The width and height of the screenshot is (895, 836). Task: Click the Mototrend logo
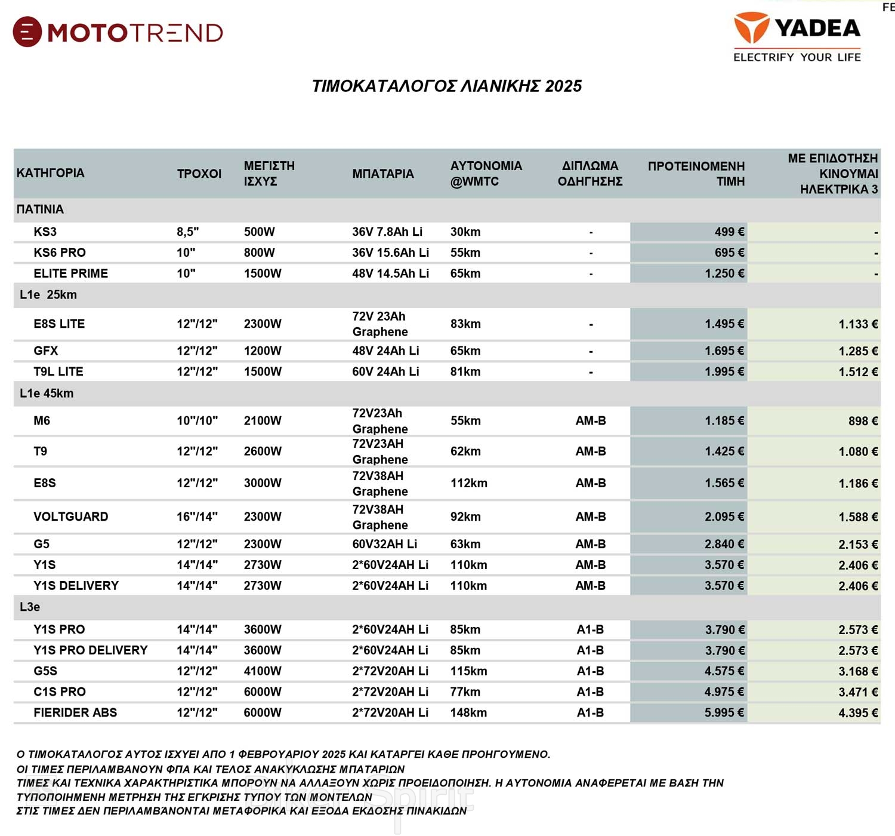118,32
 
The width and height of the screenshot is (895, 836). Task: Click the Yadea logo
797,36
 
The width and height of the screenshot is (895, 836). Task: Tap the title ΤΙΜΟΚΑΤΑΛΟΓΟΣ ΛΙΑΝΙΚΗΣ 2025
447,86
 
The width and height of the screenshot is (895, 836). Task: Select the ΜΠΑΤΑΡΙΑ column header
382,174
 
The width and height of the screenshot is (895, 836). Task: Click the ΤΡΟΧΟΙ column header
199,174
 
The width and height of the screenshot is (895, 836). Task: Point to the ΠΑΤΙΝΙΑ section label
40,210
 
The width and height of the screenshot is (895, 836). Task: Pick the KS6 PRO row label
60,253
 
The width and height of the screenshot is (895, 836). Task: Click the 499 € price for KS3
729,232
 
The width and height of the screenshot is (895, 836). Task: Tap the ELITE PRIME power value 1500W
263,273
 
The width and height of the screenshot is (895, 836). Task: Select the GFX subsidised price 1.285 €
858,351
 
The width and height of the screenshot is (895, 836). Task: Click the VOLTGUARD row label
70,517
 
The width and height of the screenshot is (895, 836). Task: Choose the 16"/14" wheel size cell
197,517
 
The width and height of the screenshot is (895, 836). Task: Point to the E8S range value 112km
468,483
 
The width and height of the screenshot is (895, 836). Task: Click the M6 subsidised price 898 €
863,421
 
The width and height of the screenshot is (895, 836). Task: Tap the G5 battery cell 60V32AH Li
384,544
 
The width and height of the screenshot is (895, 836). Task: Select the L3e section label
30,607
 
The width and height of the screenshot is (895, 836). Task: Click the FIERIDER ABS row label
75,712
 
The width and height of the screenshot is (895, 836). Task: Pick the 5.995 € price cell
724,712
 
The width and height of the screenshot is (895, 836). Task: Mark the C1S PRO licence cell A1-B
590,691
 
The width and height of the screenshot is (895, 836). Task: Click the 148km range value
468,712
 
